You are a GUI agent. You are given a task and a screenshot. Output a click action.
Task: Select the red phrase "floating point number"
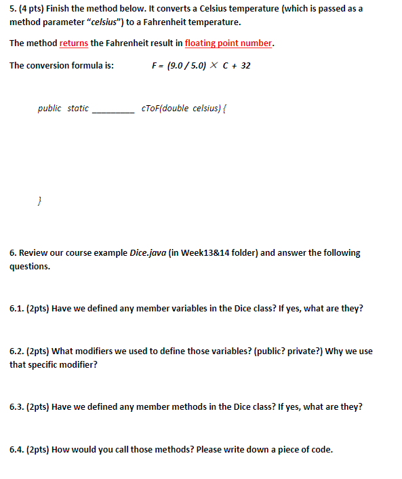click(x=228, y=43)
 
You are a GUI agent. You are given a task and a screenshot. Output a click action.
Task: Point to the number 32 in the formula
click(x=245, y=66)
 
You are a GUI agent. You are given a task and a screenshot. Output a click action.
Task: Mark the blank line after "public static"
click(x=113, y=109)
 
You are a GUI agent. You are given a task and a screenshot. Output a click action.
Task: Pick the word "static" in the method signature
click(x=78, y=108)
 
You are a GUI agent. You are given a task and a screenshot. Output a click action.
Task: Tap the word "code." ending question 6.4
click(x=322, y=450)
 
